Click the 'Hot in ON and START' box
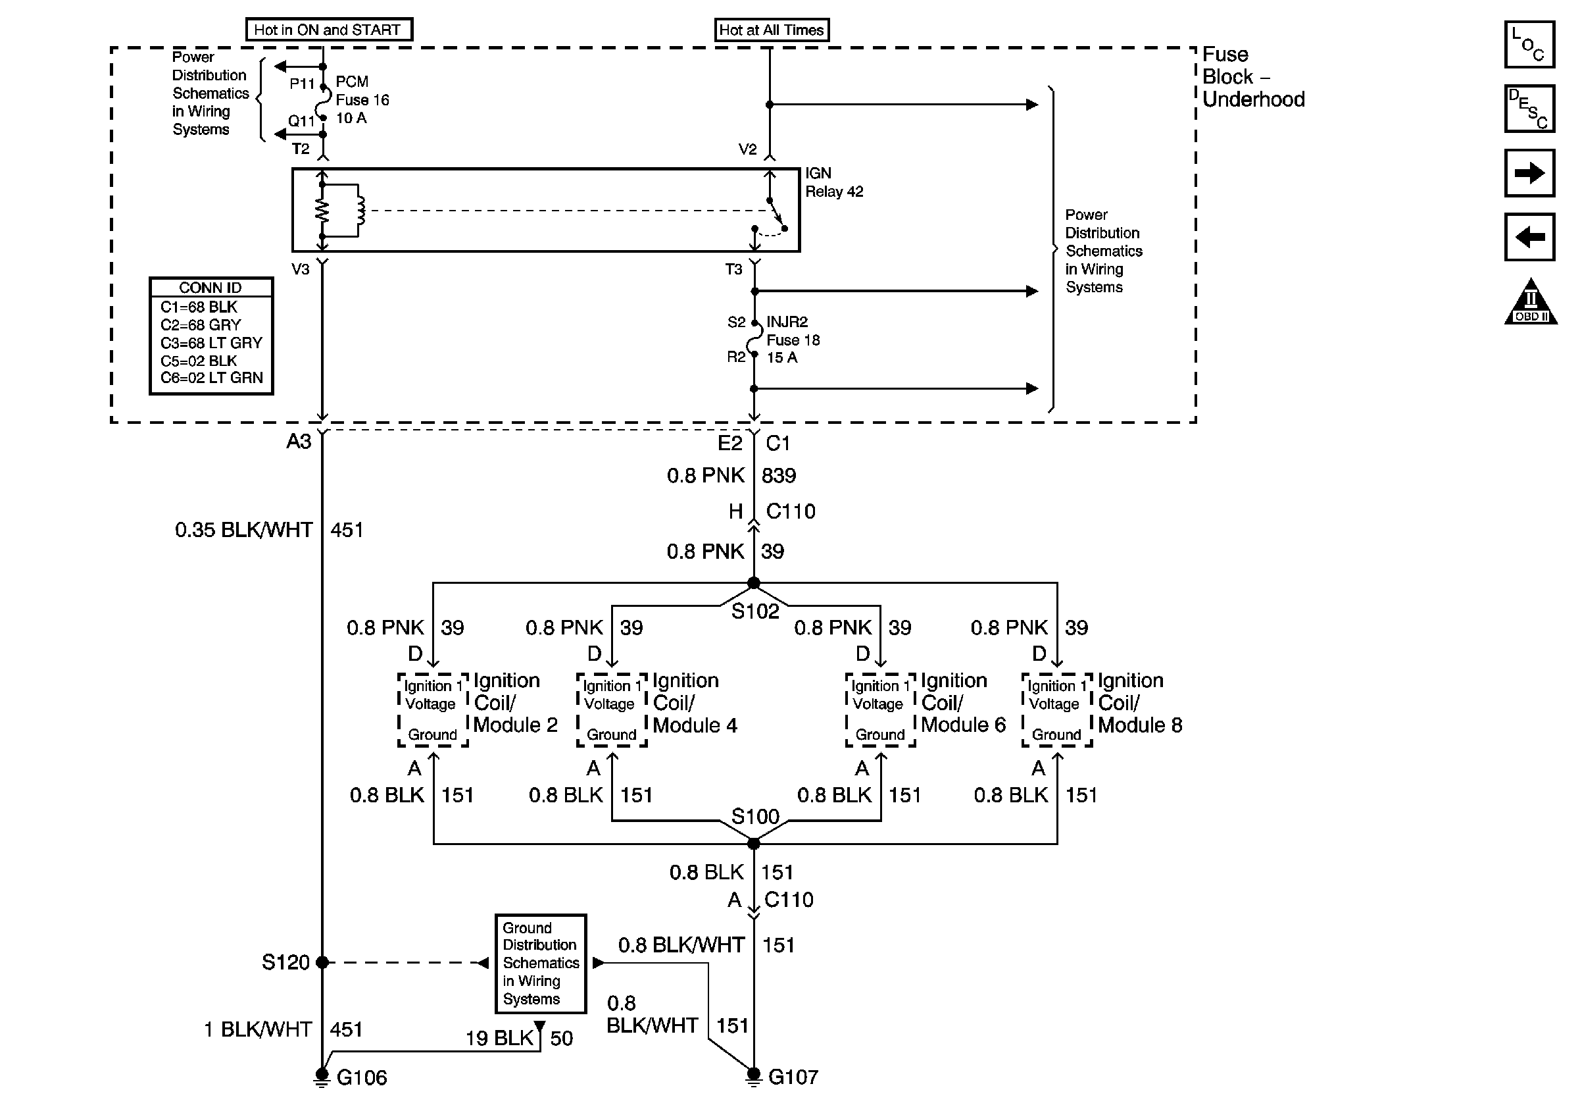[328, 30]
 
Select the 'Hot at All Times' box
[771, 30]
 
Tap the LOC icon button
[1529, 45]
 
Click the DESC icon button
[1529, 108]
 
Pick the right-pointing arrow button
[1529, 173]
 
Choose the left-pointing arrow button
[1529, 237]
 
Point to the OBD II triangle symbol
[1531, 302]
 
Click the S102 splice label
[755, 611]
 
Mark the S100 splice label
[755, 816]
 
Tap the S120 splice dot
[322, 962]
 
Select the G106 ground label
[361, 1077]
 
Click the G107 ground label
[793, 1077]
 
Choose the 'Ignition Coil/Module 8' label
[1139, 703]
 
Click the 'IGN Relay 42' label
[833, 182]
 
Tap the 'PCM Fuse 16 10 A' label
[361, 100]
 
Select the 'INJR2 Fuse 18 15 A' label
[793, 340]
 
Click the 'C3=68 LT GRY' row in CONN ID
[211, 343]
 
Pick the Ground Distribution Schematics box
[541, 963]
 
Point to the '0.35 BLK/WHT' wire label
[243, 530]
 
